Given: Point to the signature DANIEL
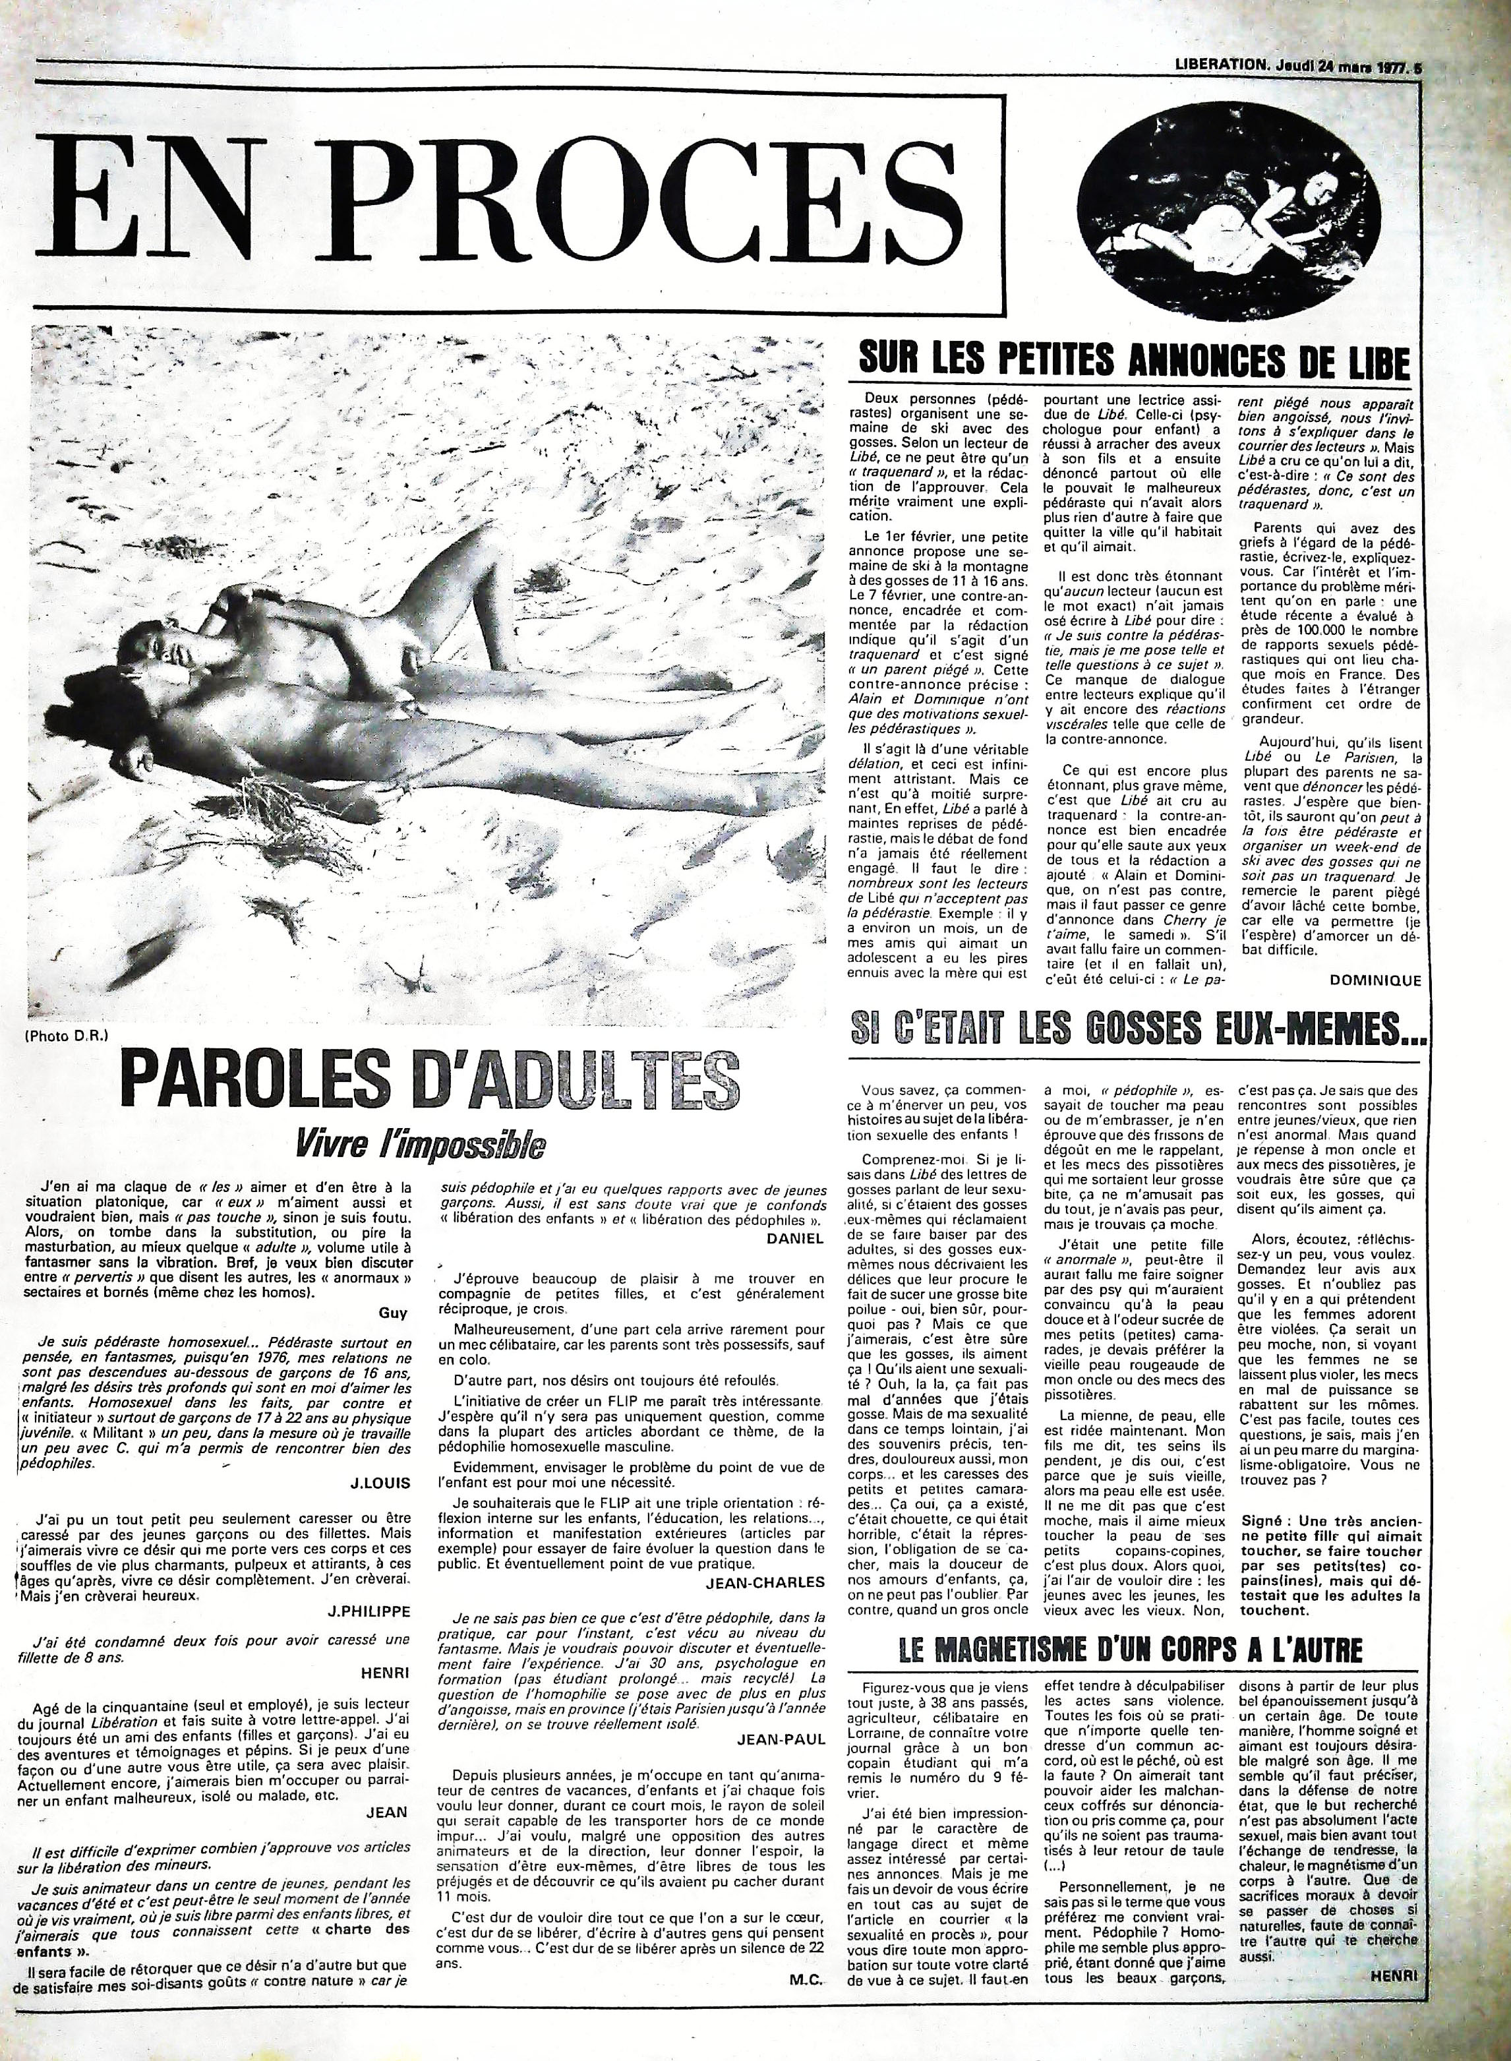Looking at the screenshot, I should click(798, 1237).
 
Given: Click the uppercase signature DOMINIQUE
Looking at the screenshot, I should click(1377, 980).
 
